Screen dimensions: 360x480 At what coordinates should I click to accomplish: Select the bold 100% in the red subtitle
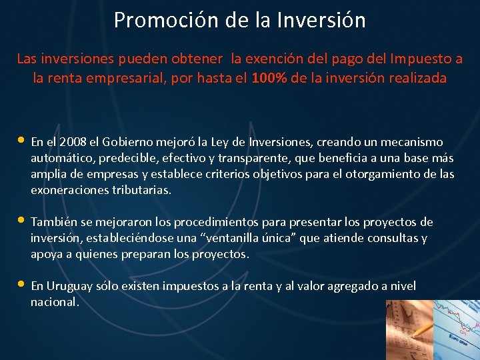click(269, 78)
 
